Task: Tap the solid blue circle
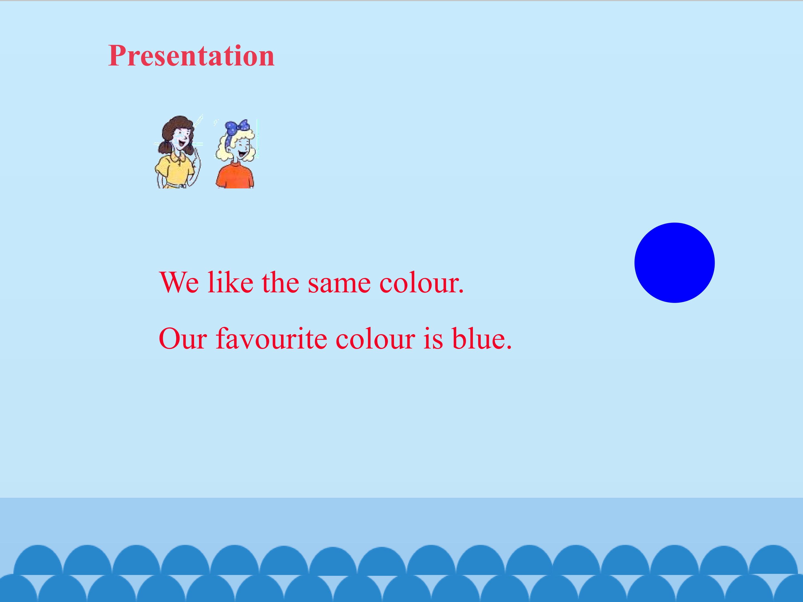pos(674,263)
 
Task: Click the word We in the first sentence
pos(179,282)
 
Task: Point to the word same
pos(339,285)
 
